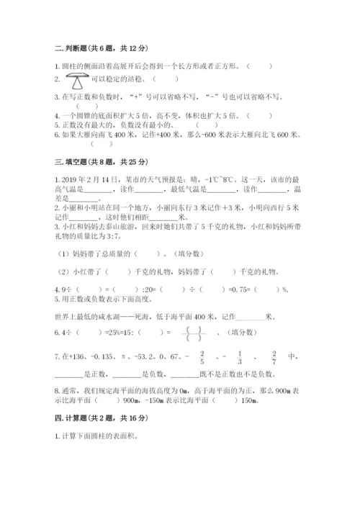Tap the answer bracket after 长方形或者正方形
tap(260, 65)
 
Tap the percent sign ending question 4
tap(285, 289)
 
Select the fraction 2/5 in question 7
tap(202, 356)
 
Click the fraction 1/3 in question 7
tap(239, 356)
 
